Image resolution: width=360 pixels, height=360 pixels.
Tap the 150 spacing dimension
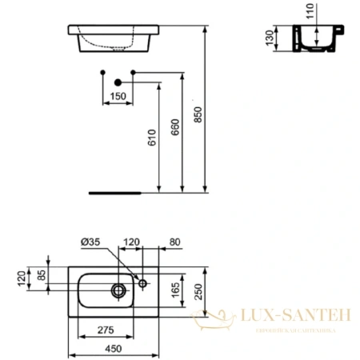[x=118, y=98]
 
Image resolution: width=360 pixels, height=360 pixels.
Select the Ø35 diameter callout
[x=90, y=241]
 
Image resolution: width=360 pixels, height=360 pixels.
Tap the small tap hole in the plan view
[x=142, y=283]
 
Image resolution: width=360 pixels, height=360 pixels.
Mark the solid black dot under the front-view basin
[x=118, y=82]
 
